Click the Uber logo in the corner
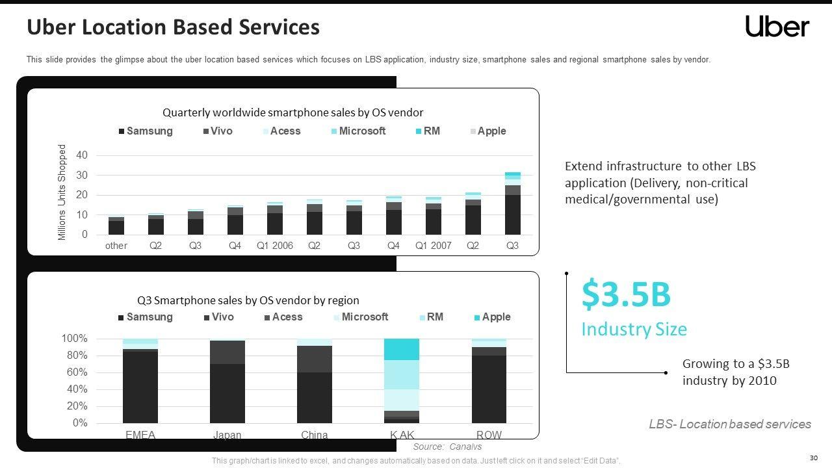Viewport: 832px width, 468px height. pyautogui.click(x=777, y=27)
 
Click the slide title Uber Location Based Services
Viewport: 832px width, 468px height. pyautogui.click(x=173, y=27)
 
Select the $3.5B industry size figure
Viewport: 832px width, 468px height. pyautogui.click(x=625, y=294)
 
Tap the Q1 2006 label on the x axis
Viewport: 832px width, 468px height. pyautogui.click(x=274, y=246)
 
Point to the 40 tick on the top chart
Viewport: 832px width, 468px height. pyautogui.click(x=82, y=155)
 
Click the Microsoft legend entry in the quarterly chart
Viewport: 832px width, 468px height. pyautogui.click(x=362, y=131)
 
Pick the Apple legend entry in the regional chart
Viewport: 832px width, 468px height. pyautogui.click(x=496, y=317)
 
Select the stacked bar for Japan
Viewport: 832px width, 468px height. pyautogui.click(x=227, y=381)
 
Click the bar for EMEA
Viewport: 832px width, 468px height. pyautogui.click(x=140, y=381)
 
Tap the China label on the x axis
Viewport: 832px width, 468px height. pyautogui.click(x=315, y=435)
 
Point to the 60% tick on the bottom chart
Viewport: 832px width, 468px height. pyautogui.click(x=75, y=372)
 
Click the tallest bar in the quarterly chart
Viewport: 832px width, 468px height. pyautogui.click(x=512, y=203)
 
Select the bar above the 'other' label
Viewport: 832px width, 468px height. pyautogui.click(x=116, y=226)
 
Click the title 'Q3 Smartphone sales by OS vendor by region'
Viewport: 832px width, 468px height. pyautogui.click(x=248, y=300)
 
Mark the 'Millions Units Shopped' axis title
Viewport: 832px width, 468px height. pyautogui.click(x=62, y=192)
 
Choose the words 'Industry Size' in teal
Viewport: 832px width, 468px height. pyautogui.click(x=634, y=330)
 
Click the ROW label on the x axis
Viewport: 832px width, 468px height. pyautogui.click(x=489, y=435)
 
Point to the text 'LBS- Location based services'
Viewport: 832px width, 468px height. pyautogui.click(x=729, y=424)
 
